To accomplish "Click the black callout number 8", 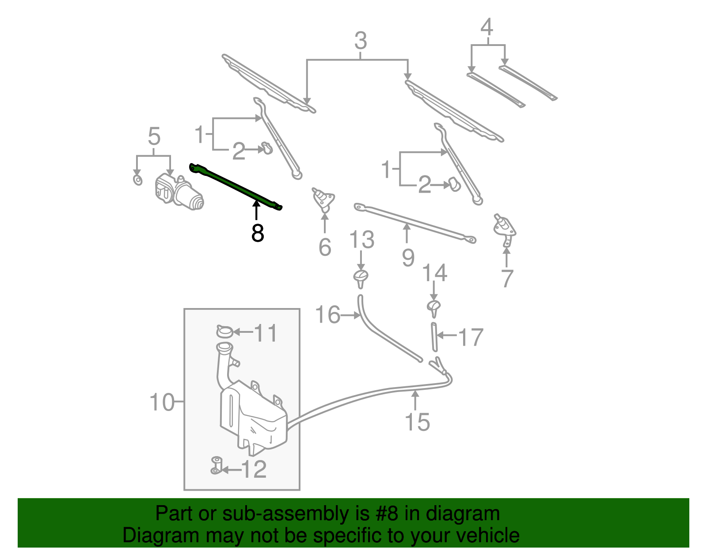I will coord(258,233).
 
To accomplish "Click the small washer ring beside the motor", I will coord(138,180).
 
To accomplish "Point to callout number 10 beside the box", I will coord(162,402).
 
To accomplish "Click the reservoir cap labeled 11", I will coord(225,331).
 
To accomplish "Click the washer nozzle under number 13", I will coord(361,278).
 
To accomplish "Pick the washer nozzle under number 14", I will coord(434,308).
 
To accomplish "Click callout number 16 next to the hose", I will coord(327,315).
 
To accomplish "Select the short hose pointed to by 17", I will coord(434,337).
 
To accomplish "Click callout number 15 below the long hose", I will coord(417,422).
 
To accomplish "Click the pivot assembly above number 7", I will coord(505,227).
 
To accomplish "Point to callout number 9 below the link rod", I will coord(408,257).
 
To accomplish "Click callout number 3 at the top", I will coord(361,41).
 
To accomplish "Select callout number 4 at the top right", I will coord(487,27).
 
